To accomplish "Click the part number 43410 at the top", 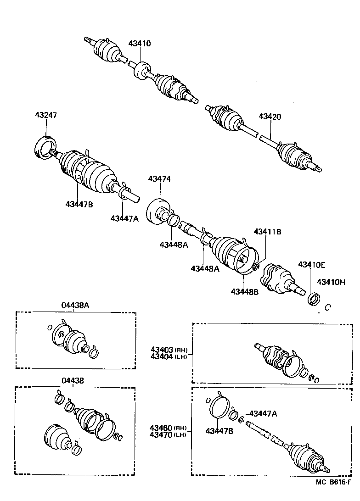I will (x=139, y=44).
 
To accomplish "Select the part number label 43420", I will (x=270, y=117).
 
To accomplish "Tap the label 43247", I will (x=46, y=115).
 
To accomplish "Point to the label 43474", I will (x=159, y=179).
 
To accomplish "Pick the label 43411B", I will (x=267, y=232).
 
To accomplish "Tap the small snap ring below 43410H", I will (x=328, y=307).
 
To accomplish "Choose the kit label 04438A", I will (x=76, y=305).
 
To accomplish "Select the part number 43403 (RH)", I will (x=168, y=350).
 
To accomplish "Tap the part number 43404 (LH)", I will (x=168, y=356).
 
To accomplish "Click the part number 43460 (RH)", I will (x=168, y=427).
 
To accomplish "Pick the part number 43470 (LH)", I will (x=168, y=434).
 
